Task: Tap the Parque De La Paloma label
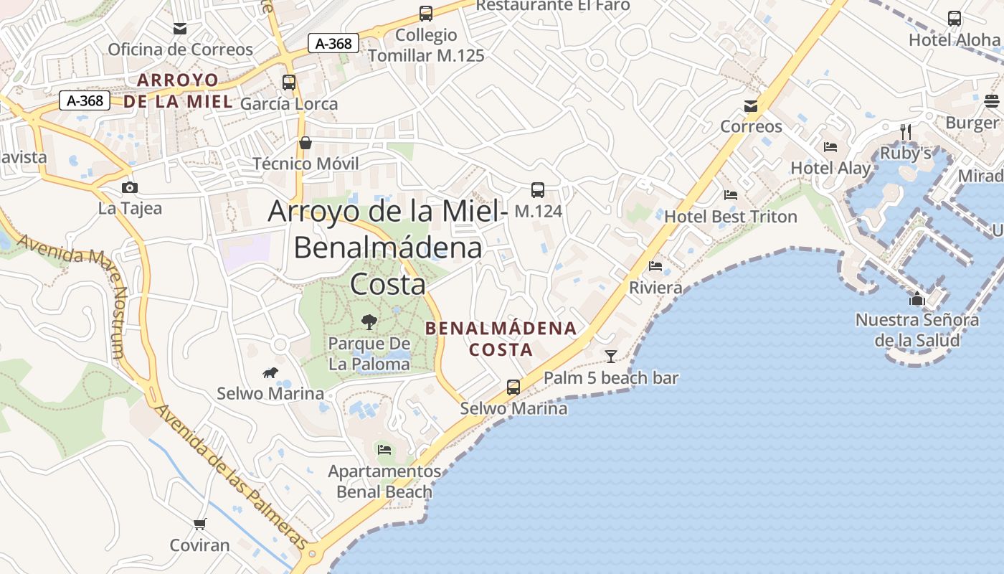click(369, 354)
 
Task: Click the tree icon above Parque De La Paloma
click(369, 321)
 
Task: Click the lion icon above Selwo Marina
click(270, 372)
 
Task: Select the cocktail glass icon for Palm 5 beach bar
click(611, 356)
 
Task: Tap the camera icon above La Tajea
click(130, 187)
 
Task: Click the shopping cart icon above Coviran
click(200, 524)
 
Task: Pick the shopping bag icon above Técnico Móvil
click(306, 143)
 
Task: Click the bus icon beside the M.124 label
click(538, 190)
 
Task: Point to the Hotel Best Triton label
click(731, 217)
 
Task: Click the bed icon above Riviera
click(655, 266)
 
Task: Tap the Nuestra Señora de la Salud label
click(917, 329)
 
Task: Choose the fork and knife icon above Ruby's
click(906, 132)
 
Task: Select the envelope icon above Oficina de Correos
click(180, 29)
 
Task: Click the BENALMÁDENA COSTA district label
click(501, 339)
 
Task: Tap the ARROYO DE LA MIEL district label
click(179, 90)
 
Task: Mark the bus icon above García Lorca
click(289, 83)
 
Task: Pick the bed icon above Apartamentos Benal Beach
click(384, 450)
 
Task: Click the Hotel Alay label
click(830, 169)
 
